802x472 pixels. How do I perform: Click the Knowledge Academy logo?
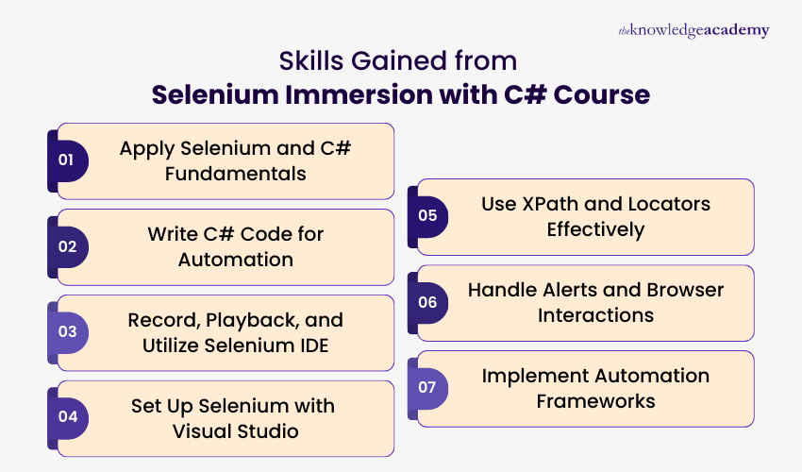click(693, 31)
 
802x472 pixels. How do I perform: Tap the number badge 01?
click(66, 160)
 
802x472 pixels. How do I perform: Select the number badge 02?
click(66, 246)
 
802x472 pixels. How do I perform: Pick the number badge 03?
click(66, 332)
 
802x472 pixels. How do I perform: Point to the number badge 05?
click(427, 216)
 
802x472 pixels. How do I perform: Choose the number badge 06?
click(427, 302)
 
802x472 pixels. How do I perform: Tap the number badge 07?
click(427, 388)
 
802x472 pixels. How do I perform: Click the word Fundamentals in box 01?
click(226, 174)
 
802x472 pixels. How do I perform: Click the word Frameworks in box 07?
click(595, 401)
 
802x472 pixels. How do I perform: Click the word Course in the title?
click(605, 95)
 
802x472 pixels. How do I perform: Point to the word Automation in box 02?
click(236, 260)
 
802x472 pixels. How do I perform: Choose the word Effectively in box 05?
click(595, 229)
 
